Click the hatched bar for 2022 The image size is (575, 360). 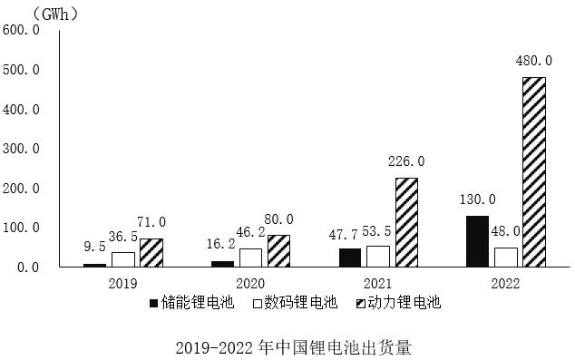click(534, 171)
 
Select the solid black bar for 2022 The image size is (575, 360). click(477, 241)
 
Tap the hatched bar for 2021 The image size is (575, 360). click(406, 222)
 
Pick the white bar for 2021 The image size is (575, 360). click(378, 256)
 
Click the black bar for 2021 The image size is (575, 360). click(350, 258)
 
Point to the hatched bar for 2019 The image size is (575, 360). click(151, 253)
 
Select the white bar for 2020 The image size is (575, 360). click(250, 258)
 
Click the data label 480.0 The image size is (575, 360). click(534, 61)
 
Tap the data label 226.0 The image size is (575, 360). click(406, 161)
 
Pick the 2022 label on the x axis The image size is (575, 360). click(505, 283)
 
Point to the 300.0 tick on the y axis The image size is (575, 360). click(22, 149)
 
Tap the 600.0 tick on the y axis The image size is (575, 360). click(22, 30)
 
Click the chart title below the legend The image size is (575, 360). click(286, 345)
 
